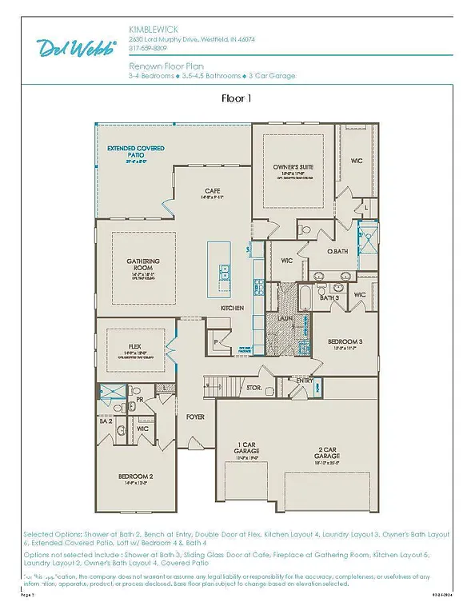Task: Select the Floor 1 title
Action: click(237, 99)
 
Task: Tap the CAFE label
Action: click(212, 190)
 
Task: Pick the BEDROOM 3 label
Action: click(345, 341)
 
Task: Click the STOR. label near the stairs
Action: click(253, 388)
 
